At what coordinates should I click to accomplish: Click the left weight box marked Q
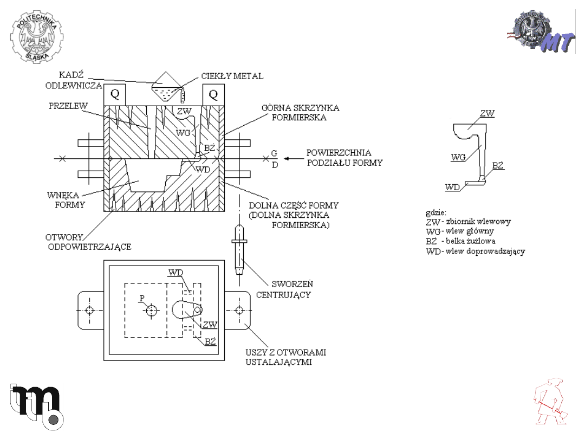pyautogui.click(x=114, y=95)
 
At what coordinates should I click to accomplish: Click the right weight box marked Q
pyautogui.click(x=213, y=95)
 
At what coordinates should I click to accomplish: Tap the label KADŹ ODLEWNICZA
pyautogui.click(x=74, y=80)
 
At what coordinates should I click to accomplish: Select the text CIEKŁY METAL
pyautogui.click(x=232, y=76)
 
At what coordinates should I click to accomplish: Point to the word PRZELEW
pyautogui.click(x=68, y=106)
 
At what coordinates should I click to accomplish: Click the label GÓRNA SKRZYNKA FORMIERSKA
pyautogui.click(x=300, y=113)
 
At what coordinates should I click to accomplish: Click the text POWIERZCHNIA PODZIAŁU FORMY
pyautogui.click(x=344, y=158)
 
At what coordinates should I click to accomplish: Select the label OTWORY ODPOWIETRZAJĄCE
pyautogui.click(x=88, y=242)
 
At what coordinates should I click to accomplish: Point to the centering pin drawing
pyautogui.click(x=239, y=249)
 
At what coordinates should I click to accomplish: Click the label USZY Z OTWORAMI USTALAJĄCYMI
pyautogui.click(x=286, y=357)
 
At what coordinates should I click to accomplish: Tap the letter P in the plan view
pyautogui.click(x=142, y=298)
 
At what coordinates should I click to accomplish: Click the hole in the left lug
pyautogui.click(x=89, y=310)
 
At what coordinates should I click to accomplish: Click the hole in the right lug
pyautogui.click(x=239, y=310)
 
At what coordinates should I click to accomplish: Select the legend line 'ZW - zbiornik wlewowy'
pyautogui.click(x=468, y=222)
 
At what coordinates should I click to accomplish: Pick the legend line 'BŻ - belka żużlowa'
pyautogui.click(x=461, y=241)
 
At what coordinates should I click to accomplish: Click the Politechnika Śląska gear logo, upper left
pyautogui.click(x=37, y=37)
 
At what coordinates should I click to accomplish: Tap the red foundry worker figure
pyautogui.click(x=550, y=402)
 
